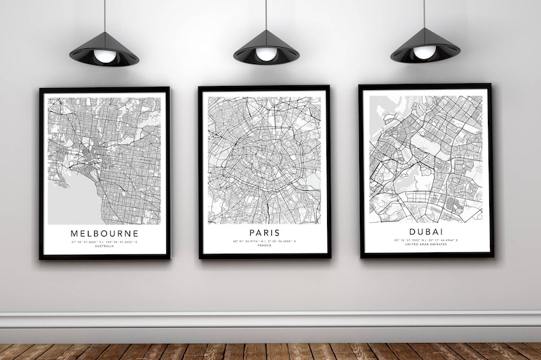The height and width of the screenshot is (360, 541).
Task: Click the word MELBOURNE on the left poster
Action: [104, 233]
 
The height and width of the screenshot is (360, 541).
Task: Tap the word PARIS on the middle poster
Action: [264, 232]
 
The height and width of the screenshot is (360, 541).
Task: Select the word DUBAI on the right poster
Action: [425, 232]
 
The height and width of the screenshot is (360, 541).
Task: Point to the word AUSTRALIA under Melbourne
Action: [104, 246]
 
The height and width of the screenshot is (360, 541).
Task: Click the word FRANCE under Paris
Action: [264, 245]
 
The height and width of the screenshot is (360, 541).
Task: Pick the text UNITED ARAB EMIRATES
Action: [425, 245]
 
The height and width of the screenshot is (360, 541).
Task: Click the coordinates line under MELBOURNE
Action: [104, 241]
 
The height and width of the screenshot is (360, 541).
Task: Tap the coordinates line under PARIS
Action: [264, 241]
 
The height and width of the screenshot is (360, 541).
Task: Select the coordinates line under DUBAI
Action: [425, 241]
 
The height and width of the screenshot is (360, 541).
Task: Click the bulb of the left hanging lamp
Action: [104, 57]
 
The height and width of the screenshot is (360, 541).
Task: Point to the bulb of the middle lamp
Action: [266, 55]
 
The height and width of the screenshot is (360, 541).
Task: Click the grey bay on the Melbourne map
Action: [72, 201]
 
